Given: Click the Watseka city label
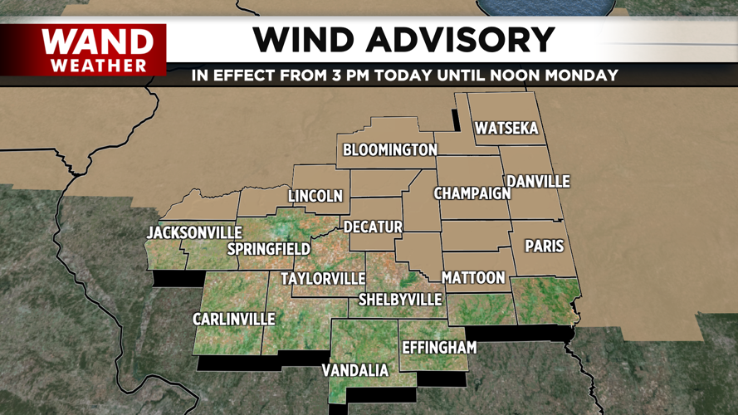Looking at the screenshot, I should click(x=506, y=129).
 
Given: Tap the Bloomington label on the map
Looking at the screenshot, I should click(x=390, y=150).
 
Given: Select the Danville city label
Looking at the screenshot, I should click(x=539, y=181).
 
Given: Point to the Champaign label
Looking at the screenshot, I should click(x=472, y=193).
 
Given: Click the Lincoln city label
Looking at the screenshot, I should click(x=315, y=197).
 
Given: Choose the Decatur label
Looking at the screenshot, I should click(x=374, y=227).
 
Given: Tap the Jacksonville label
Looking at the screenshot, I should click(x=194, y=233).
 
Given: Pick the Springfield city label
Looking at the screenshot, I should click(x=269, y=249).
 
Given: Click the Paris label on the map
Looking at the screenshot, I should click(x=545, y=247).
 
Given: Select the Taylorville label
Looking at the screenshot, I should click(x=323, y=279).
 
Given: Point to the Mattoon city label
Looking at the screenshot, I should click(x=473, y=278).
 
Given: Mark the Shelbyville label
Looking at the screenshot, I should click(x=399, y=300).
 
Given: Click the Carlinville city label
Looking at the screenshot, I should click(x=233, y=320).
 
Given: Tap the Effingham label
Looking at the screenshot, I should click(x=439, y=348).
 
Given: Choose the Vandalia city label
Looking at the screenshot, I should click(x=355, y=370).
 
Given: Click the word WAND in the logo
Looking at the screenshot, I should click(x=98, y=41).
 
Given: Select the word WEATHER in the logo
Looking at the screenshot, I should click(x=98, y=65).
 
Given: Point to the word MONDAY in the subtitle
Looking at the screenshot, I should click(x=584, y=76).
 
